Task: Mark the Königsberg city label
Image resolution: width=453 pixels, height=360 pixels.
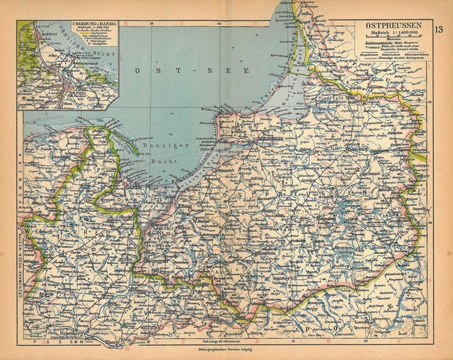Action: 267,139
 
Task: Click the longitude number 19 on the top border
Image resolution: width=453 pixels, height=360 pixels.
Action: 152,23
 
